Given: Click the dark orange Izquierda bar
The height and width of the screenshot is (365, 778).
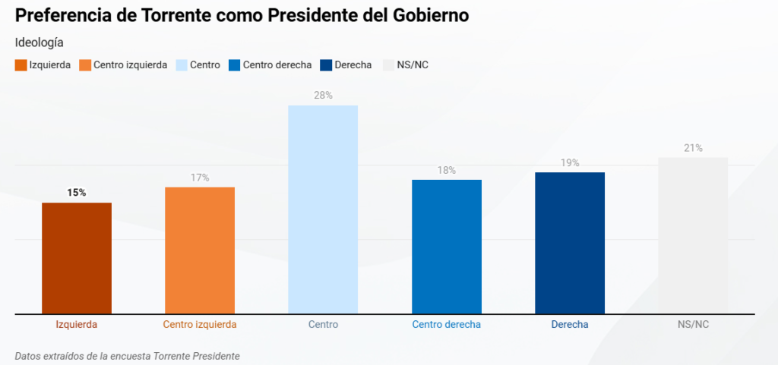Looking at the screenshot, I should coord(77,258).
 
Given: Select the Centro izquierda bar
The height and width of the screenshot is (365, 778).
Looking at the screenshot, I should coord(200,250).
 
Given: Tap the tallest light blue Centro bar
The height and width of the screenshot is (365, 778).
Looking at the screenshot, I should coord(323,209).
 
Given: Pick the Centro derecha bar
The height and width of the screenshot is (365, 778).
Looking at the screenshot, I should coord(447,247).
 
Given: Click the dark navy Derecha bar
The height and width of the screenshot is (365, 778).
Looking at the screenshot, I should coord(570,243).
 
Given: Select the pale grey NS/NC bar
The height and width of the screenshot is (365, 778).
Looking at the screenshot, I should coord(693,235).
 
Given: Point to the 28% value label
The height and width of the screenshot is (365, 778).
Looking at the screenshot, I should coord(323,96).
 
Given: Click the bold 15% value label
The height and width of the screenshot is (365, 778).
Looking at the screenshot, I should coord(77,193).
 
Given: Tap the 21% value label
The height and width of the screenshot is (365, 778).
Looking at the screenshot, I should coord(693,148).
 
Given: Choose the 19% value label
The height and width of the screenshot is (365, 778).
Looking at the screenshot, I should coord(570,163).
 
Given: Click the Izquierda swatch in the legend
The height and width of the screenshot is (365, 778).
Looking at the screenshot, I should coord(21,65).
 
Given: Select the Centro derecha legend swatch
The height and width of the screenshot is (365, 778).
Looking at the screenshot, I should coord(235,65).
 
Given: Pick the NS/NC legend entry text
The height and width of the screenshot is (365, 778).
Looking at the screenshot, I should coord(413,65).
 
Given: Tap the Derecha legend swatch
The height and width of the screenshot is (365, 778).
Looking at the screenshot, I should coord(327,65).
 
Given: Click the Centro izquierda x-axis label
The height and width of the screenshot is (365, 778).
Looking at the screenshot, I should coord(200,325).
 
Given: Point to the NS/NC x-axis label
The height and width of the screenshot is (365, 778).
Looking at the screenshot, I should coord(693,325).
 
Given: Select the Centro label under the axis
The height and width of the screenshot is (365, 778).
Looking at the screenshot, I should coord(323,325).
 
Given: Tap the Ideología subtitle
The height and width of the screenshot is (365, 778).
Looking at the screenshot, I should coord(39,42).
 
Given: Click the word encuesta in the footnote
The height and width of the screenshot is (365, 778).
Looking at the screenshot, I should coord(129,355).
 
